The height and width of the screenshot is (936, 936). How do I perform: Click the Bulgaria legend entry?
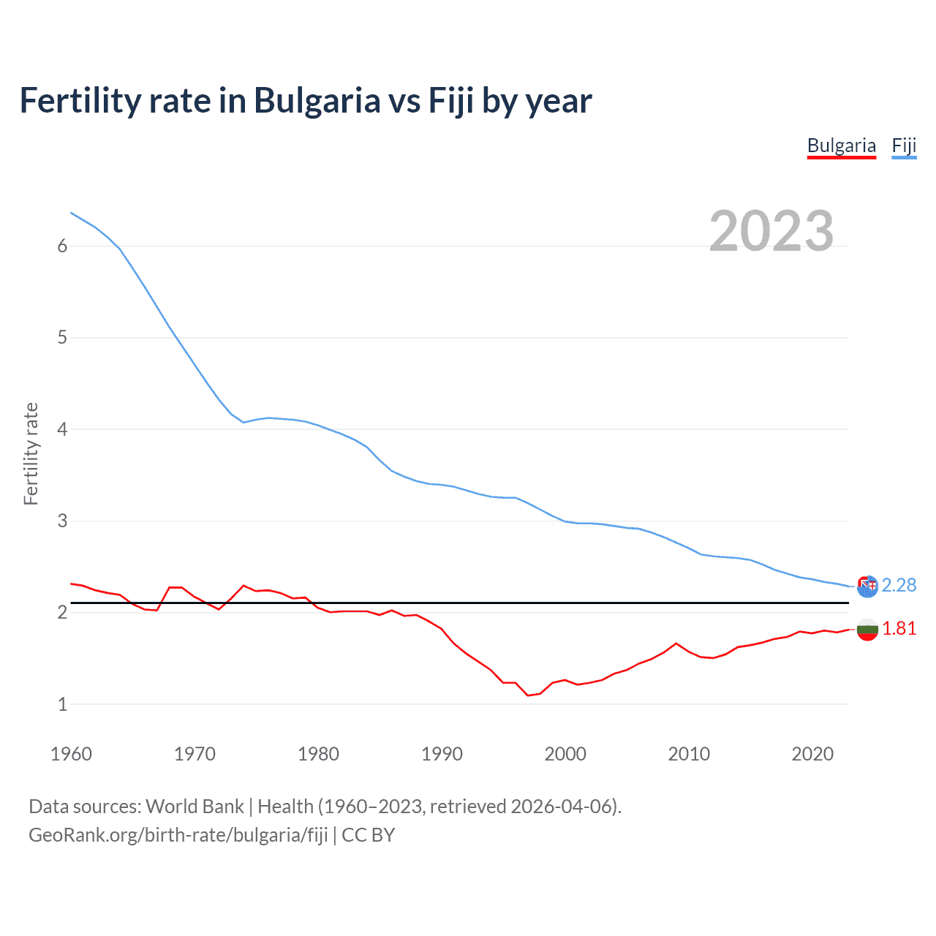pos(841,146)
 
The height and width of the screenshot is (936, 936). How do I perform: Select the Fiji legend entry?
pos(904,146)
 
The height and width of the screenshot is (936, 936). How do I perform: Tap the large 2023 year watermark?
pos(771,231)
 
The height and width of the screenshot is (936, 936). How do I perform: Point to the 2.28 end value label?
pos(899,585)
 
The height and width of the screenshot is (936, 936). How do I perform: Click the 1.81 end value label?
pos(899,628)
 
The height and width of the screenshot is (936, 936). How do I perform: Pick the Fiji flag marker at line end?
pos(867,586)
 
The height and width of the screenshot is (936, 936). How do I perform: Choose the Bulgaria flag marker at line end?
pos(867,629)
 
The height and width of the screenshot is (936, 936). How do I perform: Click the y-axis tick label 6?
pos(62,246)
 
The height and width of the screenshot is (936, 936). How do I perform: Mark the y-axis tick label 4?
pos(62,429)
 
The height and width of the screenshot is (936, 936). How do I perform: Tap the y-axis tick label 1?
pos(62,704)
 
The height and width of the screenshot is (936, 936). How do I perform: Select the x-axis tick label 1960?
pos(71,754)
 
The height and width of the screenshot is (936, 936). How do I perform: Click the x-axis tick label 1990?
pos(442,754)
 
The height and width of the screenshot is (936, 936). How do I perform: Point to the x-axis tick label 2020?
pos(812,754)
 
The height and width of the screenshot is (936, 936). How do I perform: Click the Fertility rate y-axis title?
pos(31,453)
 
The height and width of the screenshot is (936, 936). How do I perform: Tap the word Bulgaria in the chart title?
pos(317,100)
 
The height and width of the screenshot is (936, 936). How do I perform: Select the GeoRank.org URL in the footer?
pos(178,834)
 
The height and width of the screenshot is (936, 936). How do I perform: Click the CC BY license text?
pos(368,834)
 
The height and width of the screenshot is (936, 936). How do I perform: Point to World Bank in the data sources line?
pos(195,806)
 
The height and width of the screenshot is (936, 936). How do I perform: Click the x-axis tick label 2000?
pos(565,754)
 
